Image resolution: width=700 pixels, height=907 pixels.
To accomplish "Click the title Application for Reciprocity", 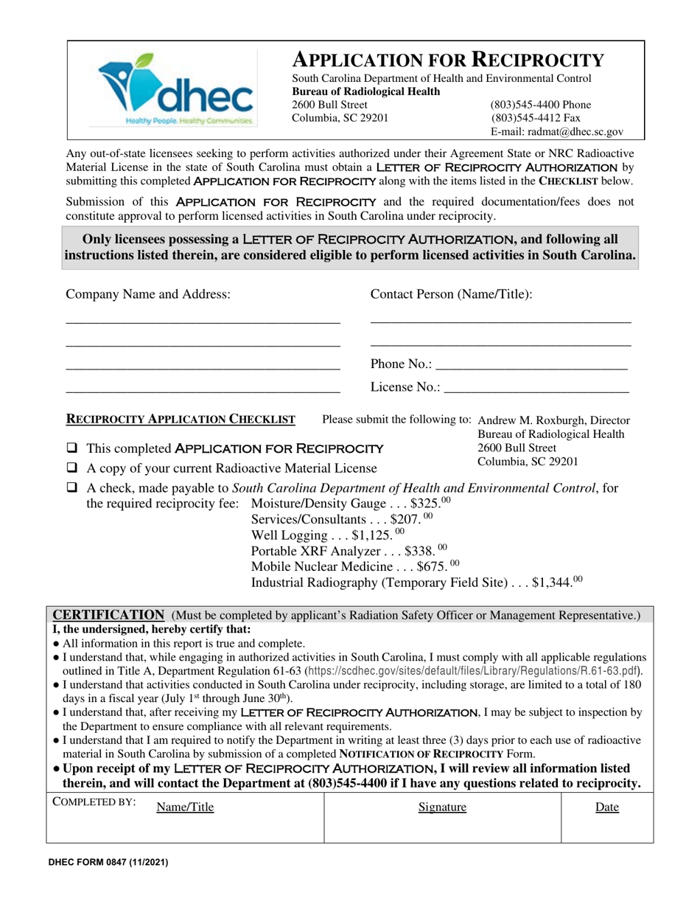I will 449,59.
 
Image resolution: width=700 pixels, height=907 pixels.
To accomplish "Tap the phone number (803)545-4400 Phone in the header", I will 540,105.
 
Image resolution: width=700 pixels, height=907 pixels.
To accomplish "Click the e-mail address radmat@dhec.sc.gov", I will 556,132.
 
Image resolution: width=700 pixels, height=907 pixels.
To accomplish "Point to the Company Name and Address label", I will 148,294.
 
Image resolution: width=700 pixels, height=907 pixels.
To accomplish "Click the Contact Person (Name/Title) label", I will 451,294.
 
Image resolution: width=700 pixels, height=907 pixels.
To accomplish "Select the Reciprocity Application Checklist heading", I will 181,420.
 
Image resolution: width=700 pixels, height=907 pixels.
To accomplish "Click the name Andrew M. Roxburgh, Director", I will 554,420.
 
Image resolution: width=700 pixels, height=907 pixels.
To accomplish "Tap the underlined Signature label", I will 442,807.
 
